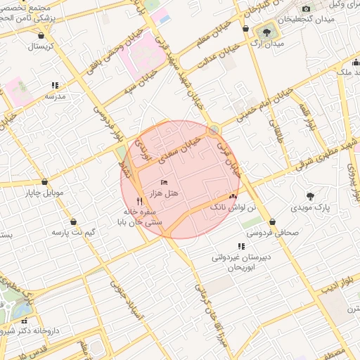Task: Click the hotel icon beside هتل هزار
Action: (165, 183)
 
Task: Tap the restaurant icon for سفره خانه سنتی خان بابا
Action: (140, 201)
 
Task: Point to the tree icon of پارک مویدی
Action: (310, 195)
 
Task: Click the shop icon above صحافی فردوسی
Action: (273, 221)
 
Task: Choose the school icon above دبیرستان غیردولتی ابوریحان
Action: (242, 246)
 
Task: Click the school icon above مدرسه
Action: (55, 86)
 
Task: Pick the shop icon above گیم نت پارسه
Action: (74, 221)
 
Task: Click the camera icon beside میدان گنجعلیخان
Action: (305, 9)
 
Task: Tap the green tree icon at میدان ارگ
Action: (266, 32)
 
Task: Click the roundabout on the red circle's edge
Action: (213, 129)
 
